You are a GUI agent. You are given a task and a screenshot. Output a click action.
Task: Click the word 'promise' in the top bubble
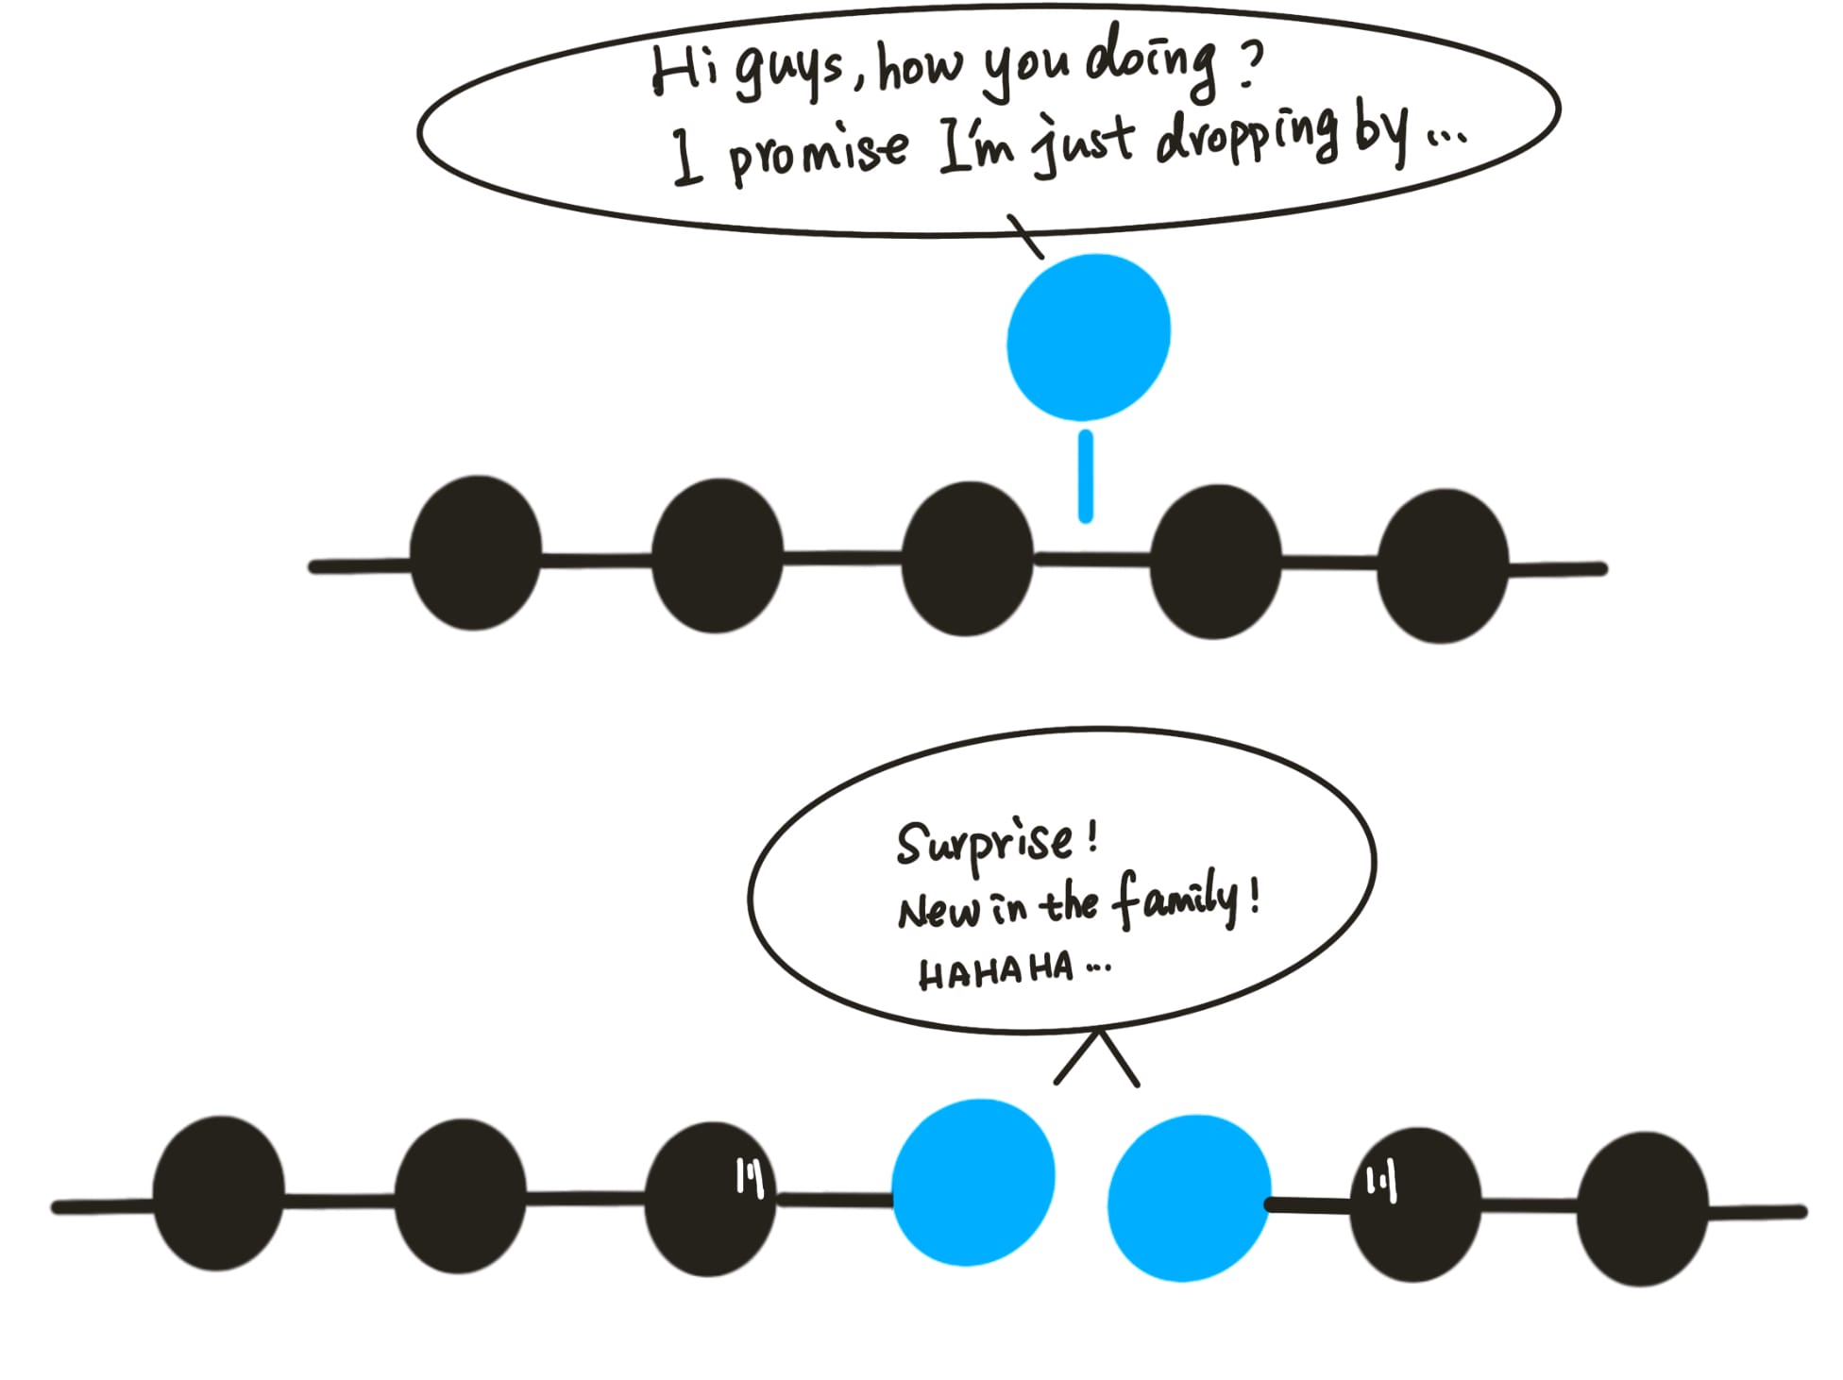coord(818,153)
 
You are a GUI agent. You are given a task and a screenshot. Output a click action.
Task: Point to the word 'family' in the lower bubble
coord(1175,901)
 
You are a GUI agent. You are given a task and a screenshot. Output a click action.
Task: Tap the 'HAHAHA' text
coord(996,971)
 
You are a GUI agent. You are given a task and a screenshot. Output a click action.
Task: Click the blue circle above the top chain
coord(1089,337)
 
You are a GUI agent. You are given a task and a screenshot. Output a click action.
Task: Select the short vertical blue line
coord(1086,477)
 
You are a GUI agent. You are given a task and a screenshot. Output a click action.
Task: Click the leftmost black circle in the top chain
coord(475,553)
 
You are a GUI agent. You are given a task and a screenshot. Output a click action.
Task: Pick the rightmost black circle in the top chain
coord(1442,566)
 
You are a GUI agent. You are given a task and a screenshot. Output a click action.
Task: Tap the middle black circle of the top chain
coord(967,559)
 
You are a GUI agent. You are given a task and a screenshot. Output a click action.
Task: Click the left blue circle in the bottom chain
coord(972,1182)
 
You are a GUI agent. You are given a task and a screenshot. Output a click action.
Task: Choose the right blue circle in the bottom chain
coord(1189,1198)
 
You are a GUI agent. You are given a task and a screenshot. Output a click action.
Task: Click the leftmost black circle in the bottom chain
coord(218,1193)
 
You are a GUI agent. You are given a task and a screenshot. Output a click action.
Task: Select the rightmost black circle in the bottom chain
coord(1642,1209)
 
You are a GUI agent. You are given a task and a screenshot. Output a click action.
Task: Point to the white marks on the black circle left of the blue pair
coord(750,1177)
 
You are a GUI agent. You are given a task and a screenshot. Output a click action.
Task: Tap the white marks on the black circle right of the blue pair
coord(1380,1183)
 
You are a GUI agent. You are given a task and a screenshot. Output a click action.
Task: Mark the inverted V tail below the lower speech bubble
coord(1096,1059)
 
